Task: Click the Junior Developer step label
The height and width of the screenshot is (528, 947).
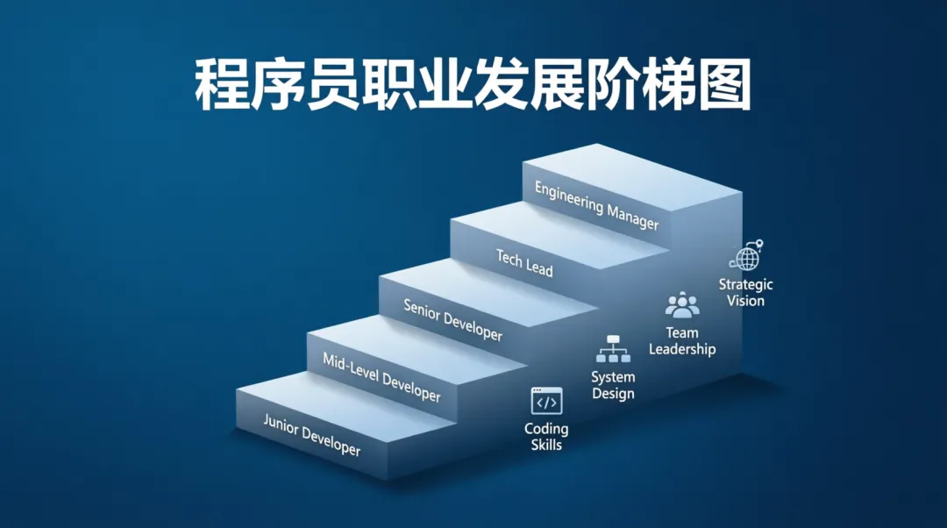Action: pos(312,435)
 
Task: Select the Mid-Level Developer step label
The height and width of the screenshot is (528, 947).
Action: pos(381,377)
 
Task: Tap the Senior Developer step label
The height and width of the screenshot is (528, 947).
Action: pos(453,320)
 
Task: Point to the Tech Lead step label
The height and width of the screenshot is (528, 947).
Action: pos(525,262)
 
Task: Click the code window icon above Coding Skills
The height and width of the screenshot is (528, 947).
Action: pos(546,402)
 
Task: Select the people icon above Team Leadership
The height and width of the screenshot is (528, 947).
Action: pos(682,305)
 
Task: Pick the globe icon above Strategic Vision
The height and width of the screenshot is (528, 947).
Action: pos(746,257)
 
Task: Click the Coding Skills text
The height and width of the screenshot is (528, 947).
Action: pos(546,437)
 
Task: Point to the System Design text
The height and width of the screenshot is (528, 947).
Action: pos(613,385)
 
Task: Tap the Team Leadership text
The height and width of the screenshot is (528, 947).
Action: pos(682,341)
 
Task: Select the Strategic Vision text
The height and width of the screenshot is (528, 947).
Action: pos(746,292)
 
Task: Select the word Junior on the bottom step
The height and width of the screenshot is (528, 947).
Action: pos(281,425)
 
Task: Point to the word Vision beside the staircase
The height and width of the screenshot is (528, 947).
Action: pos(746,301)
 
